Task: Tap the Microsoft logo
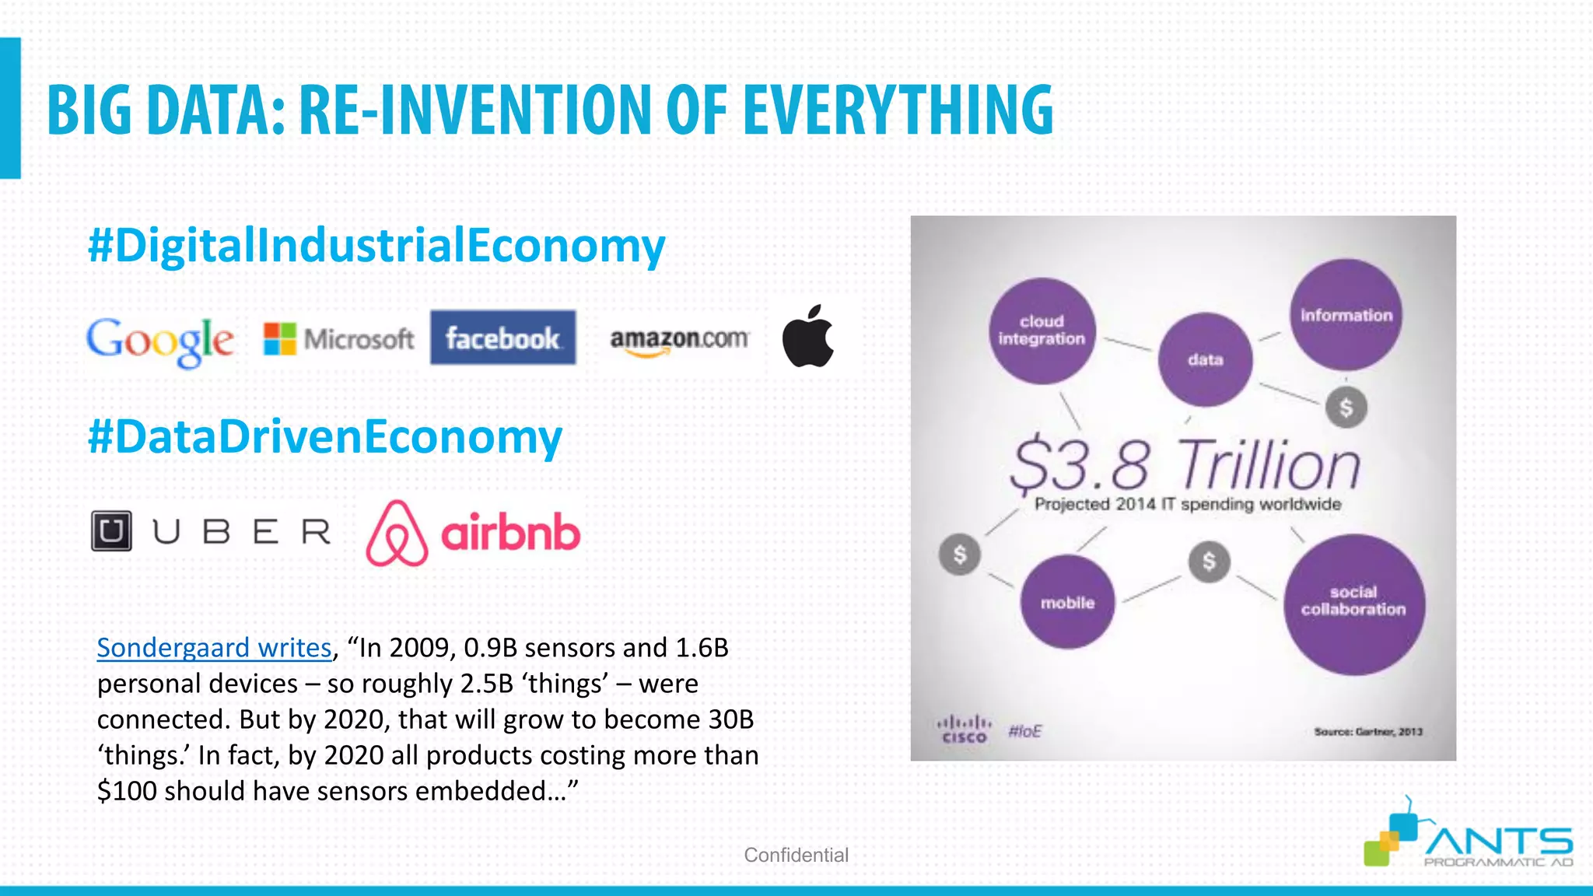pos(338,339)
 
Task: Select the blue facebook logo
pos(503,338)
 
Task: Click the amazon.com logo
pos(679,341)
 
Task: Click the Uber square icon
pos(111,531)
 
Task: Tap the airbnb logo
pos(473,533)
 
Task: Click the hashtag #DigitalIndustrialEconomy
pos(376,245)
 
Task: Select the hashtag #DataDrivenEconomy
pos(325,436)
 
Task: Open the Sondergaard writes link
pos(214,648)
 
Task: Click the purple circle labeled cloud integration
pos(1042,331)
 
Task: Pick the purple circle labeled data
pos(1205,359)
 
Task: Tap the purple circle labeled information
pos(1346,315)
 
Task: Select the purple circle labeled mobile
pos(1067,603)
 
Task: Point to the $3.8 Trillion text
pos(1185,466)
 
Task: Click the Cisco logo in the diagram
pos(964,730)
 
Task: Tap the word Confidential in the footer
pos(796,855)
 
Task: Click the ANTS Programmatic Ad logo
pos(1469,840)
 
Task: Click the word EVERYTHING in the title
pos(898,110)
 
